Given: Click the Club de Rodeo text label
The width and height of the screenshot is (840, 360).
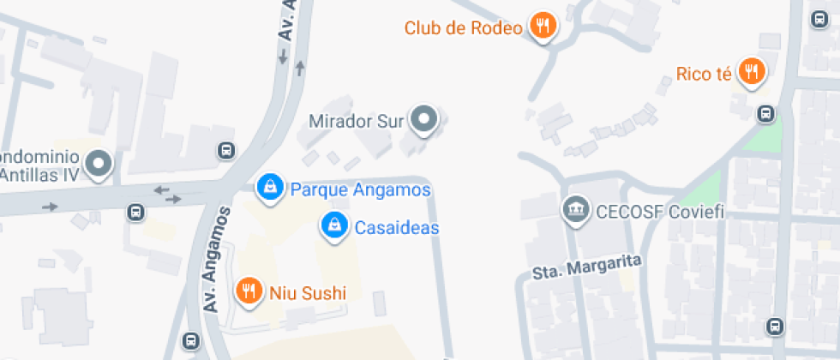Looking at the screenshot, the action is click(463, 28).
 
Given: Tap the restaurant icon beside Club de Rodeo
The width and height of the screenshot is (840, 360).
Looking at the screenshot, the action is click(542, 27).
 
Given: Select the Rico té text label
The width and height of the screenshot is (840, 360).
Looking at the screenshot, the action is click(704, 74).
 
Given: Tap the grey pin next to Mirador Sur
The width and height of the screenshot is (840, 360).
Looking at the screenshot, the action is click(423, 120).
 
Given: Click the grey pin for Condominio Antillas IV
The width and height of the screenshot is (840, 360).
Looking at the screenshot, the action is click(100, 163).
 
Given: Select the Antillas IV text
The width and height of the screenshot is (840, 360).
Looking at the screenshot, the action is click(39, 175).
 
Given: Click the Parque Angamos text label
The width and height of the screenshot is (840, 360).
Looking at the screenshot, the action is click(360, 189).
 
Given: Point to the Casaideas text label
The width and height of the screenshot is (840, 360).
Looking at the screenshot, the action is click(397, 228).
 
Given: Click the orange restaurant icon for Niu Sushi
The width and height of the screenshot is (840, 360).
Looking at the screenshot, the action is click(249, 292).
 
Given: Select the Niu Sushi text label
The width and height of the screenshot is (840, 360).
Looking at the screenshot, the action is click(308, 294).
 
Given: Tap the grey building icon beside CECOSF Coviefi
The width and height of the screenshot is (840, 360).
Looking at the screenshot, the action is click(573, 208).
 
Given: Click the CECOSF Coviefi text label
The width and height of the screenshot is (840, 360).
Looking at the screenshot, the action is click(661, 210).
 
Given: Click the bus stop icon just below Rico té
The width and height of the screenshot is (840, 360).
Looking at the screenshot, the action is click(765, 113).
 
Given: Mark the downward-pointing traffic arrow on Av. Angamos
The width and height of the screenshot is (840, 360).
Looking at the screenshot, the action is click(282, 57).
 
